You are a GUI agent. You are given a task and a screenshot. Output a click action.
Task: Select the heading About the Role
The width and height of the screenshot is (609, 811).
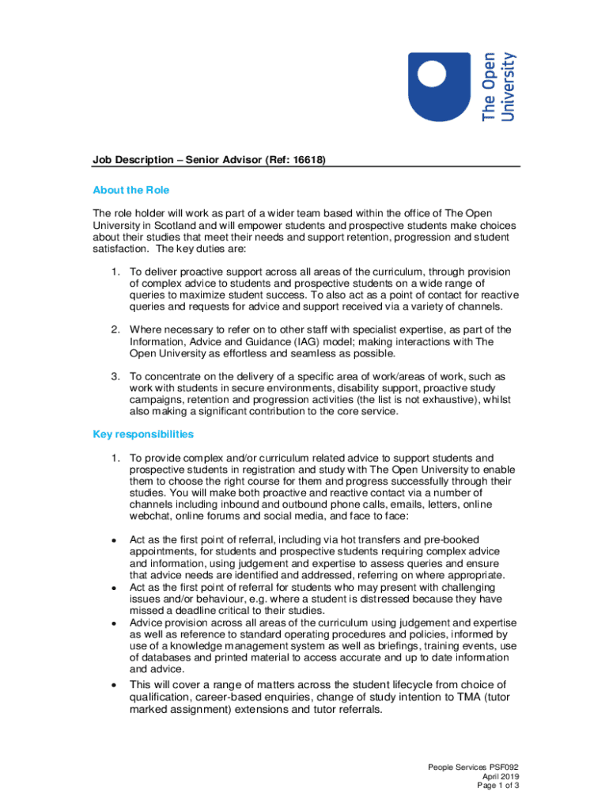pyautogui.click(x=130, y=190)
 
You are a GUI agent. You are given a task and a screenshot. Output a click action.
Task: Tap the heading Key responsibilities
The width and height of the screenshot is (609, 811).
pyautogui.click(x=143, y=434)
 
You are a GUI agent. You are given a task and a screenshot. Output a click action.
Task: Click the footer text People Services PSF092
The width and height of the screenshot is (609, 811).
pyautogui.click(x=473, y=767)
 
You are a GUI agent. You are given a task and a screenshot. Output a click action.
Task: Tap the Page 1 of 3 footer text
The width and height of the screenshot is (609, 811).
pyautogui.click(x=497, y=786)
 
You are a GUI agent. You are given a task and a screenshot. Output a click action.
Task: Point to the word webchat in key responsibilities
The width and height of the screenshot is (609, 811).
pyautogui.click(x=150, y=516)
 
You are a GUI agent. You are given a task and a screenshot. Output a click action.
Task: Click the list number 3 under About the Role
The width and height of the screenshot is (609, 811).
pyautogui.click(x=115, y=375)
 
